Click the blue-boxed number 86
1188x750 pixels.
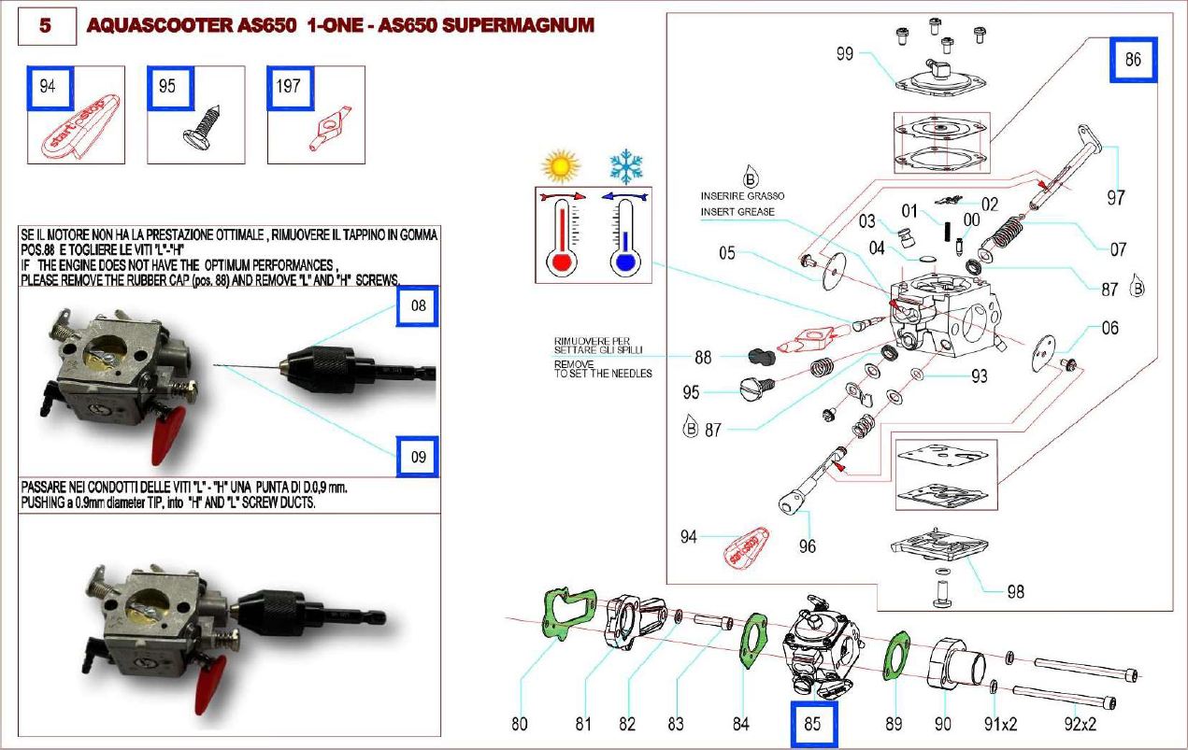(1133, 61)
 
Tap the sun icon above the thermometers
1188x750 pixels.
(560, 166)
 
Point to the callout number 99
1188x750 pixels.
(844, 54)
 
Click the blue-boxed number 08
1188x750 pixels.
(418, 305)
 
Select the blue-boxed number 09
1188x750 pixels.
(418, 457)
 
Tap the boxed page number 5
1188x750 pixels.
(44, 26)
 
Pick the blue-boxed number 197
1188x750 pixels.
(289, 87)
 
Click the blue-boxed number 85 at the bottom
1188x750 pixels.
(813, 724)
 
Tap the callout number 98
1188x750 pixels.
(1015, 591)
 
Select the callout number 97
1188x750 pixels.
(1115, 198)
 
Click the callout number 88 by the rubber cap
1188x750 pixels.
(704, 357)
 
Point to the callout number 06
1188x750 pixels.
(1109, 329)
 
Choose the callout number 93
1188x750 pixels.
(979, 377)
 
